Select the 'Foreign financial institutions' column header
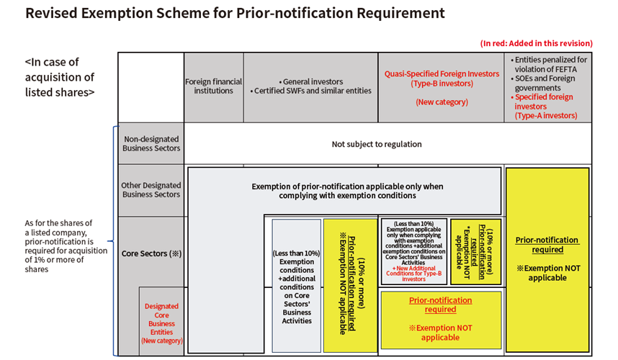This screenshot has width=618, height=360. pyautogui.click(x=213, y=86)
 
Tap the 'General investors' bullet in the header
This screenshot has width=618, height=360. pyautogui.click(x=312, y=81)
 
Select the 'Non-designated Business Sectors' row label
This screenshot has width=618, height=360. pyautogui.click(x=151, y=143)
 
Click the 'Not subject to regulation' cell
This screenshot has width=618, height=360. pyautogui.click(x=377, y=144)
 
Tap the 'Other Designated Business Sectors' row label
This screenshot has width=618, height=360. pyautogui.click(x=151, y=190)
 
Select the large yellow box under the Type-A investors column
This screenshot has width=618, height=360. pyautogui.click(x=547, y=259)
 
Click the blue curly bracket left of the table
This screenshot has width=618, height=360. pyautogui.click(x=112, y=241)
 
